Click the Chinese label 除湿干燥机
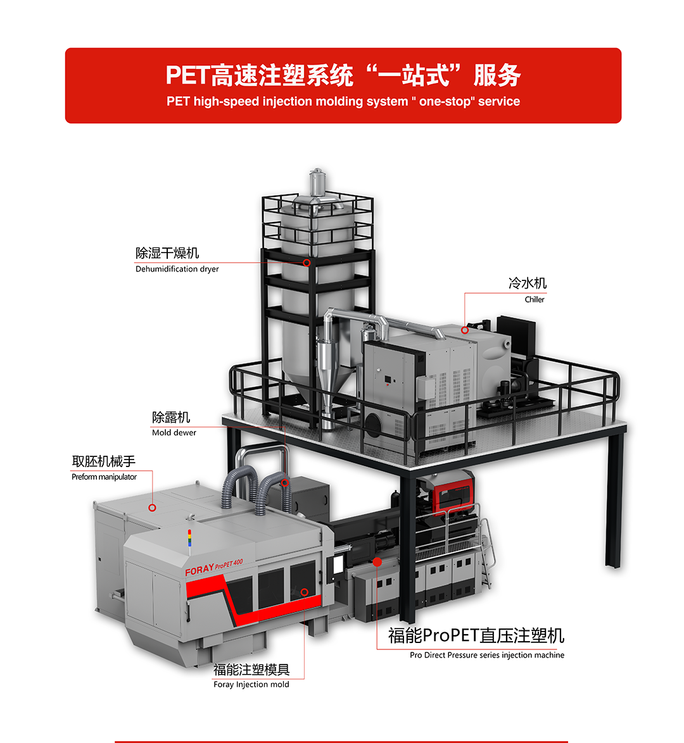(x=167, y=253)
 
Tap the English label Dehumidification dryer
(x=177, y=269)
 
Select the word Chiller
(x=535, y=299)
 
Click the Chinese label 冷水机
(x=528, y=284)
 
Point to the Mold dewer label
(x=174, y=433)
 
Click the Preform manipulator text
(x=104, y=477)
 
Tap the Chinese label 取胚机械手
(x=103, y=461)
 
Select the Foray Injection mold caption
(x=251, y=684)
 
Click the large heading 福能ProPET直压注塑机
(x=476, y=635)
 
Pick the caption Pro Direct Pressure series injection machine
(x=487, y=655)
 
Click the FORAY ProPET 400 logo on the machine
(x=214, y=566)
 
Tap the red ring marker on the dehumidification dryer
(x=307, y=263)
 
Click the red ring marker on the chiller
(x=465, y=330)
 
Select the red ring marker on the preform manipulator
(x=152, y=508)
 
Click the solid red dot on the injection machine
(x=377, y=562)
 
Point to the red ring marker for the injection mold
(x=305, y=592)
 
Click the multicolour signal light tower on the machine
(x=190, y=539)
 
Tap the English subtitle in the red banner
(x=343, y=101)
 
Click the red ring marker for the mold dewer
(x=285, y=483)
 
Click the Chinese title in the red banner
(x=343, y=75)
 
